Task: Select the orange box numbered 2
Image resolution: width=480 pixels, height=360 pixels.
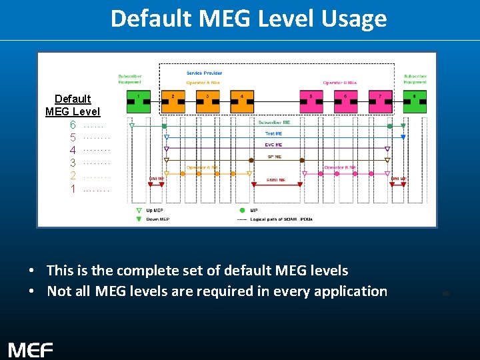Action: (x=173, y=102)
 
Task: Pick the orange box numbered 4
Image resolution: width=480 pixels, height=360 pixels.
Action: (x=243, y=102)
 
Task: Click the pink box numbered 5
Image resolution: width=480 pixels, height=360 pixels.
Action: (x=312, y=102)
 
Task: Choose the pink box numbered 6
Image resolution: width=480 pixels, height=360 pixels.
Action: (x=346, y=102)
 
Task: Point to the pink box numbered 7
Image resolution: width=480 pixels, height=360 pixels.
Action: (x=381, y=102)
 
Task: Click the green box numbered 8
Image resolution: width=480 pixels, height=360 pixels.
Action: (x=415, y=102)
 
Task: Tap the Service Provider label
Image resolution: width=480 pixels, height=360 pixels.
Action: (x=205, y=73)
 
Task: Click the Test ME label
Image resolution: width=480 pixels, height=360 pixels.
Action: (x=274, y=134)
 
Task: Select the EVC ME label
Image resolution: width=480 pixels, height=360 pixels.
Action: (x=274, y=145)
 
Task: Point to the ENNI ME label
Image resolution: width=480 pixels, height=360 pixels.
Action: (x=276, y=179)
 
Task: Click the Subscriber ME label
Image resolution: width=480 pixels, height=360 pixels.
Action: (x=274, y=123)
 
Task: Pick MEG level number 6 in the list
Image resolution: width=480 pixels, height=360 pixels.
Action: (x=73, y=125)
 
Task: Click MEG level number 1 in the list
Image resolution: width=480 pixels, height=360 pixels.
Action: (x=73, y=189)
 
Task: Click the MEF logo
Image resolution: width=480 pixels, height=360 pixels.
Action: (x=31, y=349)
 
